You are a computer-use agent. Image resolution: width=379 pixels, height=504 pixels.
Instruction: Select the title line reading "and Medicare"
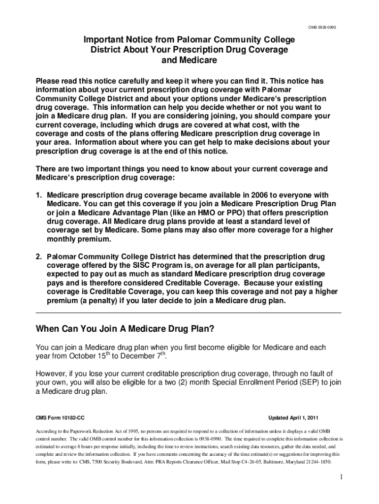(x=189, y=61)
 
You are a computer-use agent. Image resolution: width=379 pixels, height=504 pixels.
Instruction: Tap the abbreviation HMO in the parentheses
(x=204, y=213)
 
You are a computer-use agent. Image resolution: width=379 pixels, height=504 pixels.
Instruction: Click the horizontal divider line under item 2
(x=189, y=313)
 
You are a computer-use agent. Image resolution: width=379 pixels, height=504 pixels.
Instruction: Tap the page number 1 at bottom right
(x=339, y=478)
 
